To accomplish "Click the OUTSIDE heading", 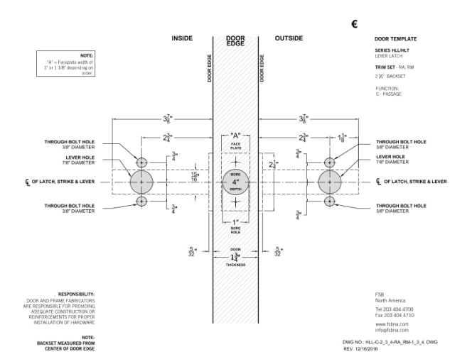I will coord(289,38).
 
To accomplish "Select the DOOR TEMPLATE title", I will coord(395,39).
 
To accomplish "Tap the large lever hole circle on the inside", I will coord(141,182).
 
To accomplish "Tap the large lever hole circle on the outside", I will coord(330,182).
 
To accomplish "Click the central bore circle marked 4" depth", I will coord(235,182).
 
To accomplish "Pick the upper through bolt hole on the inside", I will coord(141,162).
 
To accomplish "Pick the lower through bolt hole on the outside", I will coord(330,202).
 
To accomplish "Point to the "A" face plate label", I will coord(235,135).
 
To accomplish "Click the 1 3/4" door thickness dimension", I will coord(235,256).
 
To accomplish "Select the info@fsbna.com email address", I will coord(392,330).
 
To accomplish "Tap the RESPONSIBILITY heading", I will coord(77,293).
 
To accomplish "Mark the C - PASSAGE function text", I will coord(389,93).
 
